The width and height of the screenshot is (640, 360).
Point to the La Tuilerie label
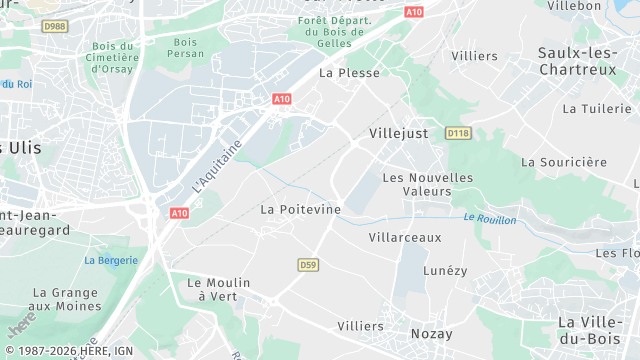(597, 108)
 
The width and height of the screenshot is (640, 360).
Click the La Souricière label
(564, 161)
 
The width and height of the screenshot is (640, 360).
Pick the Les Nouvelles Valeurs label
(428, 184)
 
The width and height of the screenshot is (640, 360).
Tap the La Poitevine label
(300, 209)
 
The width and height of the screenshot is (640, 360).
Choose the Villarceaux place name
(404, 237)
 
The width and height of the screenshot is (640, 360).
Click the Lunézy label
(445, 270)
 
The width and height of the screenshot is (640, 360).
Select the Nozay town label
(431, 333)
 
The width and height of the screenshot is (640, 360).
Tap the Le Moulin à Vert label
(215, 289)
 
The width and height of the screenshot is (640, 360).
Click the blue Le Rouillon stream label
(490, 219)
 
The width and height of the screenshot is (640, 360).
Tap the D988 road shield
(56, 26)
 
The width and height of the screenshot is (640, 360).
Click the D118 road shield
(458, 132)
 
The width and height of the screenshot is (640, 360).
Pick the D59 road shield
(308, 264)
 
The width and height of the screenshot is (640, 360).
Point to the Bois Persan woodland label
(185, 48)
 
